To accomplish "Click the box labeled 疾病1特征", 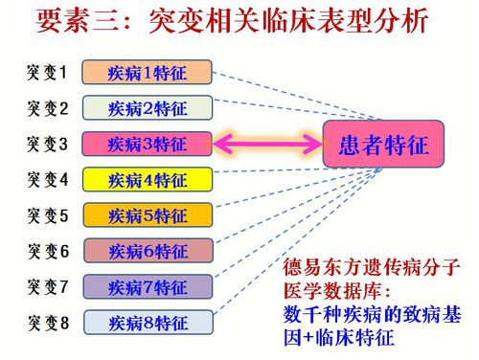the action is pos(147,72).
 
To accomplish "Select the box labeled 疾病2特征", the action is pos(147,107).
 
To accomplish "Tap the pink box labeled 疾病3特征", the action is pos(147,144).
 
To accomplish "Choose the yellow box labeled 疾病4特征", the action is pos(147,179).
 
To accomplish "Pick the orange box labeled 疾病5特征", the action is pos(147,215).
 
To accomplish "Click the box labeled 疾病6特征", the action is pos(147,251).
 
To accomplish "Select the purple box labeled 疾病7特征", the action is pos(147,286).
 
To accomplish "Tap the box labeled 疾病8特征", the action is pos(147,322).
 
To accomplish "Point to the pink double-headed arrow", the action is pos(266,145).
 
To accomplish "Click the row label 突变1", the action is pos(48,72).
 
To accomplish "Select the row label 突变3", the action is pos(48,144).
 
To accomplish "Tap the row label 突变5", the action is pos(48,215).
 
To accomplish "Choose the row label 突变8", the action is pos(48,322).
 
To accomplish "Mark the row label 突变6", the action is pos(48,251).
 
